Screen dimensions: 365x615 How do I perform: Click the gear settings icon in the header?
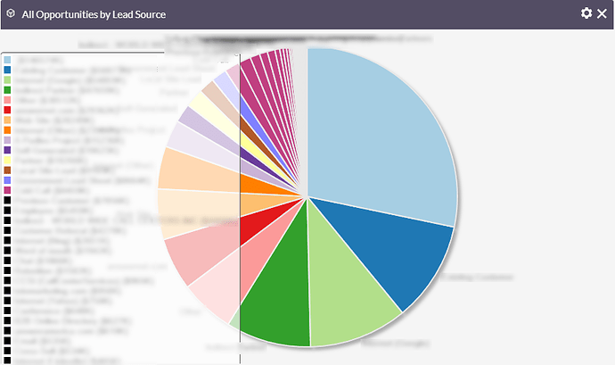pyautogui.click(x=586, y=13)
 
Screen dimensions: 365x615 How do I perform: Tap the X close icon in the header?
pyautogui.click(x=602, y=13)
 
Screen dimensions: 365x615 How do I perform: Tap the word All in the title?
pyautogui.click(x=29, y=14)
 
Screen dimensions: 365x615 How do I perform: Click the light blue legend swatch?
pyautogui.click(x=7, y=59)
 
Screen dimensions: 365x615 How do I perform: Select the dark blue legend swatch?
pyautogui.click(x=7, y=69)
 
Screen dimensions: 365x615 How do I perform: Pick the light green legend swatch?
pyautogui.click(x=7, y=79)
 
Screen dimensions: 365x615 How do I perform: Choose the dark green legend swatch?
pyautogui.click(x=7, y=89)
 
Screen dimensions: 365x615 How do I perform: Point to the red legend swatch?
pyautogui.click(x=7, y=110)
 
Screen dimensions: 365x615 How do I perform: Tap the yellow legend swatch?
pyautogui.click(x=7, y=160)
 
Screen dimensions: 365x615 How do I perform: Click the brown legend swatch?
pyautogui.click(x=7, y=170)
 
